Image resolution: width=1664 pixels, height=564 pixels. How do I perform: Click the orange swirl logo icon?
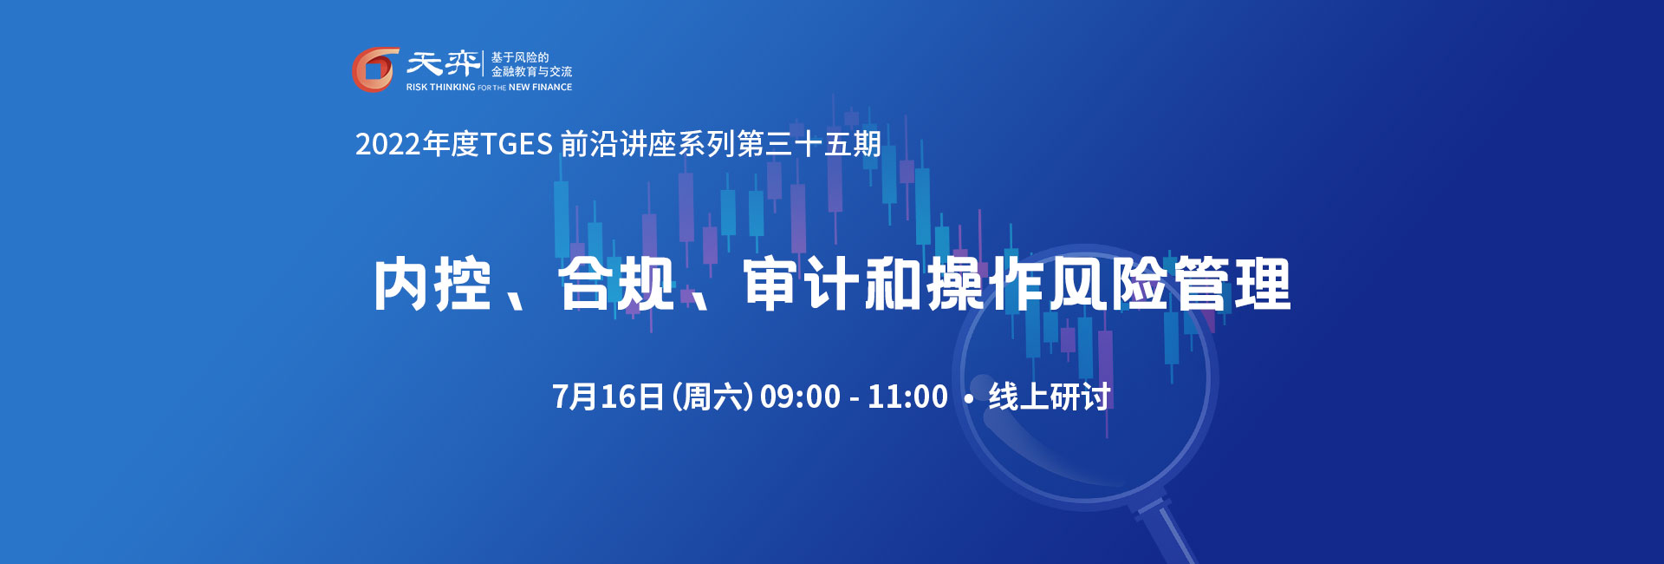click(375, 69)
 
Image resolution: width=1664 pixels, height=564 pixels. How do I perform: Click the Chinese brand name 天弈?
click(443, 63)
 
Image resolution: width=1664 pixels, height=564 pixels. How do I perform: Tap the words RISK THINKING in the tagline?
click(440, 88)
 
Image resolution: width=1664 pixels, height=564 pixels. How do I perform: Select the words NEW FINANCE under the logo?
click(540, 88)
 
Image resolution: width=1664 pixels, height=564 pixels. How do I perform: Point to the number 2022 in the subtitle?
click(388, 144)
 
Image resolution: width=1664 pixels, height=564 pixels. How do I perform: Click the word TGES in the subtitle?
click(517, 144)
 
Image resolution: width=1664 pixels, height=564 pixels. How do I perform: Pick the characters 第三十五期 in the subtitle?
click(809, 144)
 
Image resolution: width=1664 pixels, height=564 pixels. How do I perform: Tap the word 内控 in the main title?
click(432, 284)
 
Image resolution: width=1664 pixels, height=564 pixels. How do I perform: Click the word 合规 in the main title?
click(616, 284)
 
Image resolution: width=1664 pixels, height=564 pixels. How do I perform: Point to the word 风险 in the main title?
click(1108, 284)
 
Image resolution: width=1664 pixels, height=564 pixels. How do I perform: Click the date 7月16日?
click(608, 397)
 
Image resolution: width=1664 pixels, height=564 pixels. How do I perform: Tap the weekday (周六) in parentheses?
click(712, 397)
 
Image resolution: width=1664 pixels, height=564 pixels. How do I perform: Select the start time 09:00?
click(800, 397)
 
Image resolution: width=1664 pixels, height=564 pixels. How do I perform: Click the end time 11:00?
click(907, 397)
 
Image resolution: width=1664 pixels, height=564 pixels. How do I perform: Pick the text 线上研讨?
click(1050, 397)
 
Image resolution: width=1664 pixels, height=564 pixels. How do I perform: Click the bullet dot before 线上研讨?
click(969, 399)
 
